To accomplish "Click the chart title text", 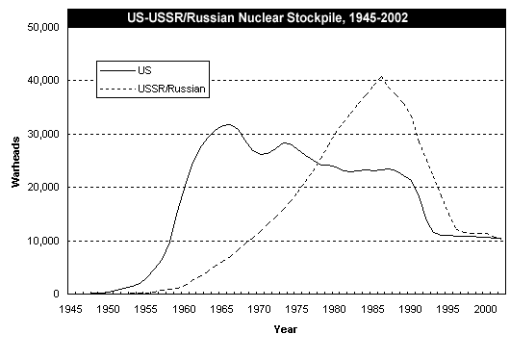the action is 268,17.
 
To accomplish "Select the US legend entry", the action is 125,70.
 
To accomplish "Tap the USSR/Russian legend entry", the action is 152,89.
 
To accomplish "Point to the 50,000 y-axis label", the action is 43,27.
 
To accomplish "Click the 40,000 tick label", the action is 43,81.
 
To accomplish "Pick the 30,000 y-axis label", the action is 43,134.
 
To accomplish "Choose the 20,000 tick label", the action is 43,187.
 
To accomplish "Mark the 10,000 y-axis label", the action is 43,241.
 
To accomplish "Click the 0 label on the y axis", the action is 56,294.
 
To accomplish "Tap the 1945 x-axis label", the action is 70,309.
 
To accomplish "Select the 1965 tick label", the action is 221,309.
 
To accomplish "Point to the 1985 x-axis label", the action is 372,309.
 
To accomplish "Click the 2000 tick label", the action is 486,309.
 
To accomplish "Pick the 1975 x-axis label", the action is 297,309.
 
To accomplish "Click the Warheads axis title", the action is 15,162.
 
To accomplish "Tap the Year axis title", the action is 285,329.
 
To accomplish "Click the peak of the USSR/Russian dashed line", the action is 381,77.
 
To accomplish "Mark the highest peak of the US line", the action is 228,124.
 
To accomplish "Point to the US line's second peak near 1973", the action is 285,142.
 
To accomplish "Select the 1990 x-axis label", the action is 411,309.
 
